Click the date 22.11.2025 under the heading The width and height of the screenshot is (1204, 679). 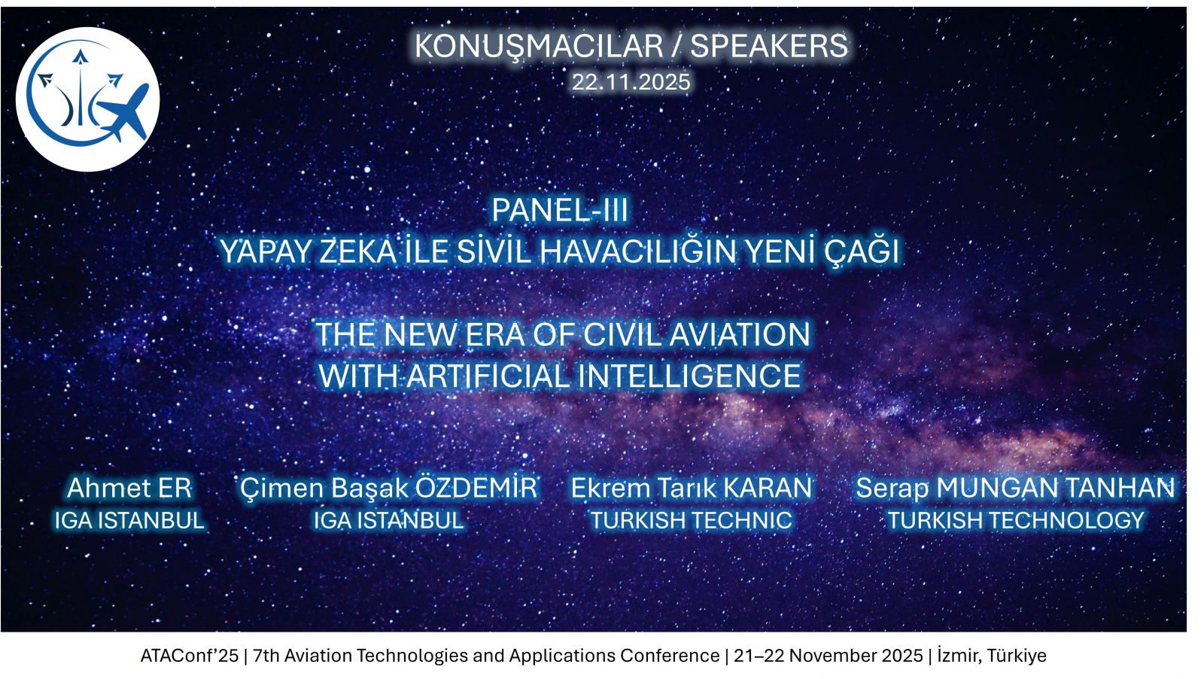click(631, 82)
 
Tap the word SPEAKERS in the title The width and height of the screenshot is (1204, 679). click(768, 46)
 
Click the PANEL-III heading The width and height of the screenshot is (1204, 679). click(560, 210)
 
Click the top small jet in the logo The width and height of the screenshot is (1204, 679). click(80, 57)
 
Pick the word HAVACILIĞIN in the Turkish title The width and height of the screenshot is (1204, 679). click(637, 251)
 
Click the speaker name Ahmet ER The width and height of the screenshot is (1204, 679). click(129, 488)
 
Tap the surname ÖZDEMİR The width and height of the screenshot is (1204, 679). click(476, 486)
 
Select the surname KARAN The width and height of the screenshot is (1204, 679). click(768, 488)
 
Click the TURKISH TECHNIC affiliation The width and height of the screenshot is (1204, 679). click(692, 520)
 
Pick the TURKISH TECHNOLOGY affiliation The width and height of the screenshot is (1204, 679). click(1015, 520)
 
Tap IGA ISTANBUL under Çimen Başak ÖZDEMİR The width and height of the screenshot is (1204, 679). click(388, 520)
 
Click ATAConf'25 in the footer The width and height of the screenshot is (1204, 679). click(189, 656)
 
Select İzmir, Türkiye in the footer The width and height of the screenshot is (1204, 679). click(992, 656)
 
